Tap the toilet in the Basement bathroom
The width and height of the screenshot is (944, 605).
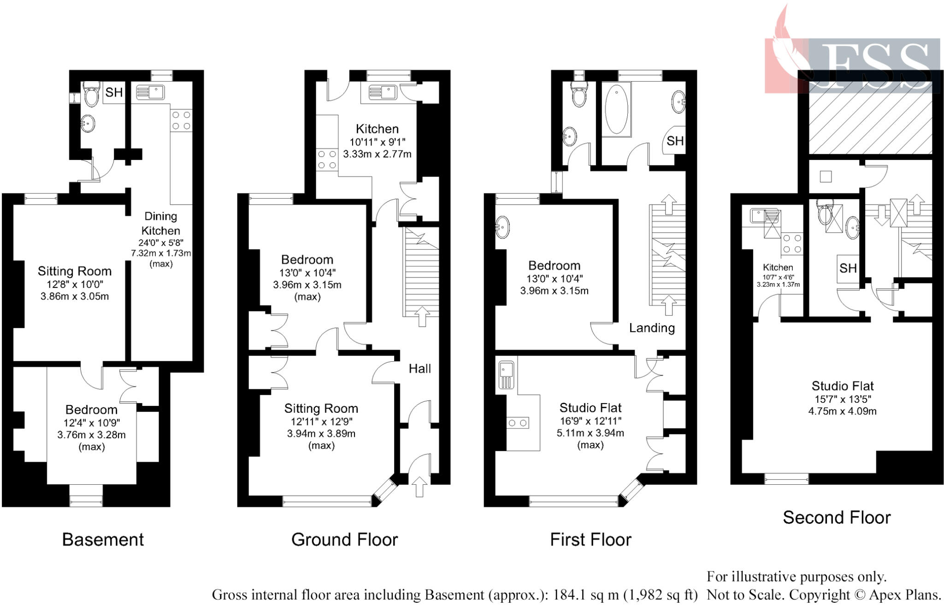coord(91,94)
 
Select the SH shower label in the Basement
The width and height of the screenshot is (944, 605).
coord(114,93)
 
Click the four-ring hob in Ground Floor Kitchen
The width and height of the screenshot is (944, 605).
coord(327,160)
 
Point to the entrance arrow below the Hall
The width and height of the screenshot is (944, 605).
coord(419,487)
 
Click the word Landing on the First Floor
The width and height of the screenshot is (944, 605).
coord(652,328)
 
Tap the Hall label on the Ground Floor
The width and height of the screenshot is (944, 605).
coord(419,369)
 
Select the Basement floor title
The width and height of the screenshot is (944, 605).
coord(103,540)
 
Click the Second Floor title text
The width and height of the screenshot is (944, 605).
coord(836,517)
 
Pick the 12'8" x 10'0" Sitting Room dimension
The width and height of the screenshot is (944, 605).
coord(75,284)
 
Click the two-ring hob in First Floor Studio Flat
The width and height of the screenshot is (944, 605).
coord(518,423)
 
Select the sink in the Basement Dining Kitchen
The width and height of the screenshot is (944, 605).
coord(151,93)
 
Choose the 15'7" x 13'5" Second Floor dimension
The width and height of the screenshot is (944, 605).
coord(842,399)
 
